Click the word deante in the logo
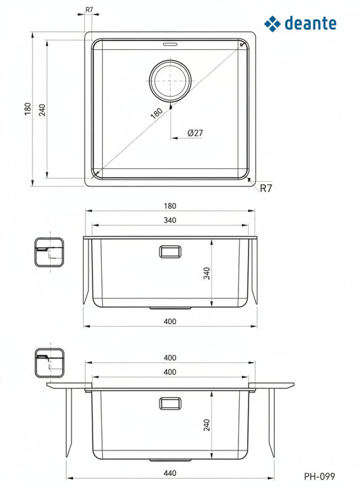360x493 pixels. (311, 24)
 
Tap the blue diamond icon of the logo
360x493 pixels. (272, 24)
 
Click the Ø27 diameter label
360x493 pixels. (195, 132)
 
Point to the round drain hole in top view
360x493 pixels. (170, 80)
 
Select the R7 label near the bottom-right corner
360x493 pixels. (265, 188)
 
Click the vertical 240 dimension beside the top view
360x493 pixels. (42, 109)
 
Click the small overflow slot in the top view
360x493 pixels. (169, 46)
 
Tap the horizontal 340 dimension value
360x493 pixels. (170, 220)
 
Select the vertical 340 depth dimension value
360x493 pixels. (208, 274)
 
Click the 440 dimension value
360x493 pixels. (170, 473)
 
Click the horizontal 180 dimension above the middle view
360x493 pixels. (170, 206)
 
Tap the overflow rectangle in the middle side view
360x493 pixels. (170, 251)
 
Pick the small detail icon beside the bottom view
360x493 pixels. (49, 363)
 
